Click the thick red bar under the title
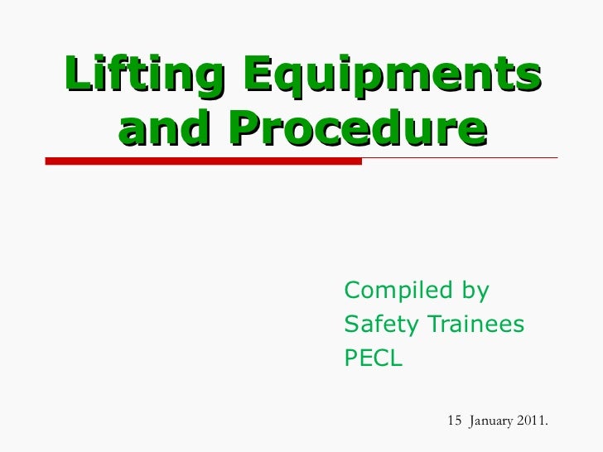pos(203,161)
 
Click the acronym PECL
pos(373,359)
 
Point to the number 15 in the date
pos(454,421)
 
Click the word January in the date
pos(492,421)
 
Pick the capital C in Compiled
pos(352,291)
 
